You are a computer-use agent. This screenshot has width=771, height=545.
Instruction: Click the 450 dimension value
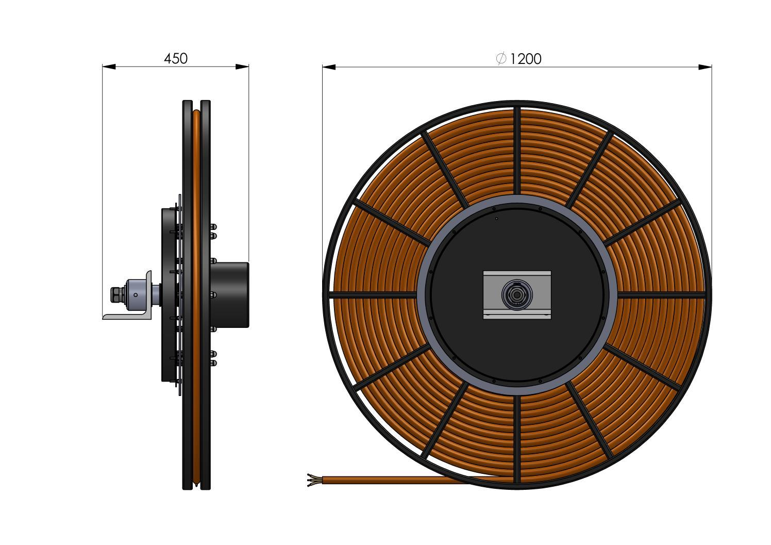tap(176, 59)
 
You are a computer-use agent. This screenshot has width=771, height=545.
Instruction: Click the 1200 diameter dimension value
tap(525, 59)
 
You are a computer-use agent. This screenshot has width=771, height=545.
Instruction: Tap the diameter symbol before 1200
tap(501, 59)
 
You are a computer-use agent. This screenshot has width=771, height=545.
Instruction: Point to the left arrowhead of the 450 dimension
tap(109, 67)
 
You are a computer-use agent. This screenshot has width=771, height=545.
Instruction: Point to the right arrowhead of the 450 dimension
tap(242, 67)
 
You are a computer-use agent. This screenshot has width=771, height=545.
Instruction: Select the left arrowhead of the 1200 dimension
tap(329, 67)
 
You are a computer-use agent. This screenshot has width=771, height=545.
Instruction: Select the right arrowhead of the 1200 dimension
tap(705, 67)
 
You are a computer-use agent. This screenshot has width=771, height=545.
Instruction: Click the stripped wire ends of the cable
tap(314, 480)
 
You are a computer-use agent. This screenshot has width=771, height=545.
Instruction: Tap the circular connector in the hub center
tap(516, 295)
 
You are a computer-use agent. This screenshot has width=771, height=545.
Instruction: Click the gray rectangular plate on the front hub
tap(517, 295)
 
